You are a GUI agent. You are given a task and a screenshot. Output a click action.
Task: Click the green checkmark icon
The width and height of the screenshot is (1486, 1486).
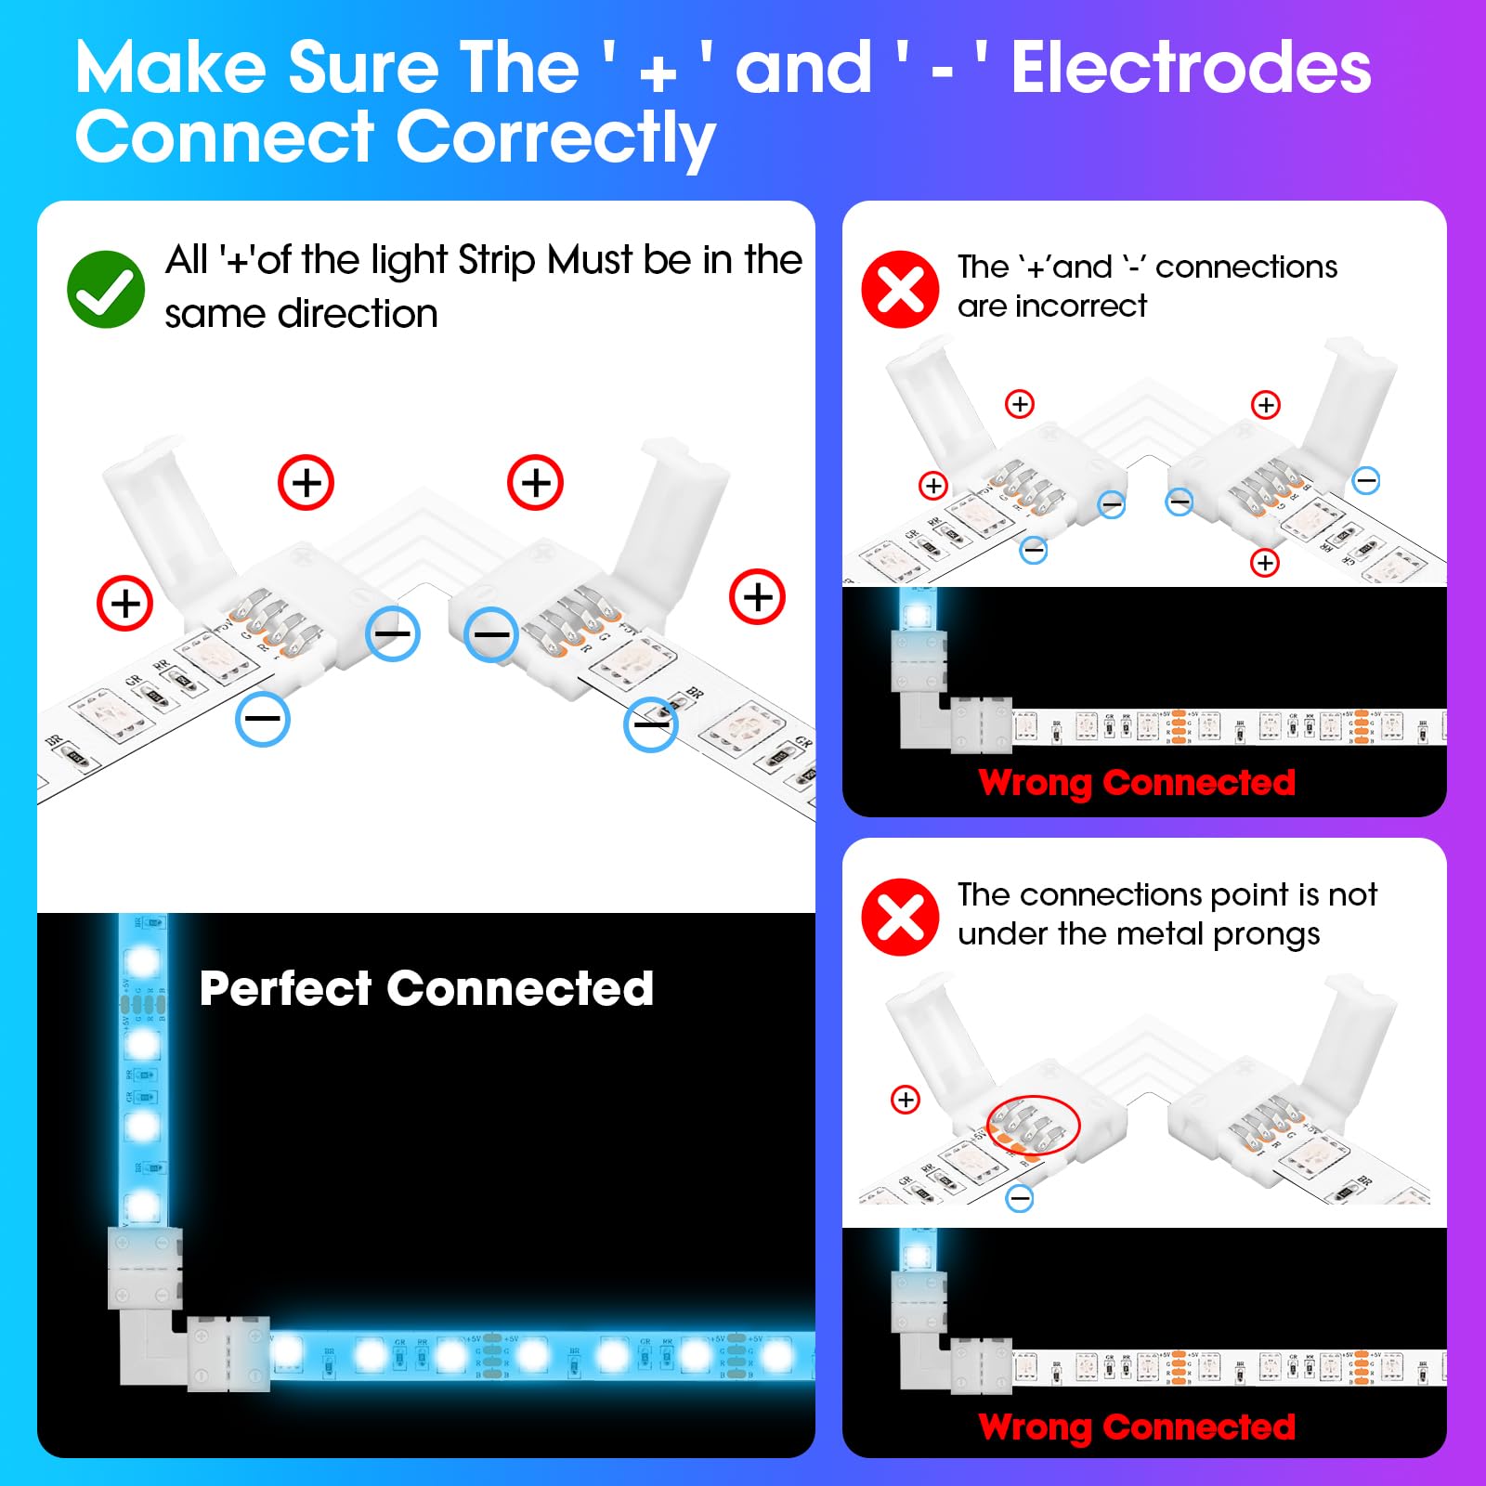pos(106,289)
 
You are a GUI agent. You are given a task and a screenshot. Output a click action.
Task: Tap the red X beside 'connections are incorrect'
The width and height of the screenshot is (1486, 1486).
pos(900,289)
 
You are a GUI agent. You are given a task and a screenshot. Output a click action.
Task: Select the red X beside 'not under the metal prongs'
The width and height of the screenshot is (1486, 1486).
pos(900,917)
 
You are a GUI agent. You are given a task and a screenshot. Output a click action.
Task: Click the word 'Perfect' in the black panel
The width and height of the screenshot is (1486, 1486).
pos(285,988)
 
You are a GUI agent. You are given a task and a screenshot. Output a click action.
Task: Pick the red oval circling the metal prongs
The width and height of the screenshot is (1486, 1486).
pos(1033,1125)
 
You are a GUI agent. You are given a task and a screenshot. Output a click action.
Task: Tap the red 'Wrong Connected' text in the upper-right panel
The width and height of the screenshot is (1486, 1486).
pos(1137,782)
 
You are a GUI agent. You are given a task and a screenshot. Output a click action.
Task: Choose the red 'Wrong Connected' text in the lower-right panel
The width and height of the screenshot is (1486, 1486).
pos(1137,1427)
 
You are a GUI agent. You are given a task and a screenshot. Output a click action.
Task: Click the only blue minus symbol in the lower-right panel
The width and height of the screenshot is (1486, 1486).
pos(1020,1198)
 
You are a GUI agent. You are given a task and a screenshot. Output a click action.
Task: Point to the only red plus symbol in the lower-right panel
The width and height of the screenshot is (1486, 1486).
pos(906,1100)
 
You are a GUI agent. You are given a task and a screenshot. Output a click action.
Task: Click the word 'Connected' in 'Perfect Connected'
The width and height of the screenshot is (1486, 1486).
pos(520,988)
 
